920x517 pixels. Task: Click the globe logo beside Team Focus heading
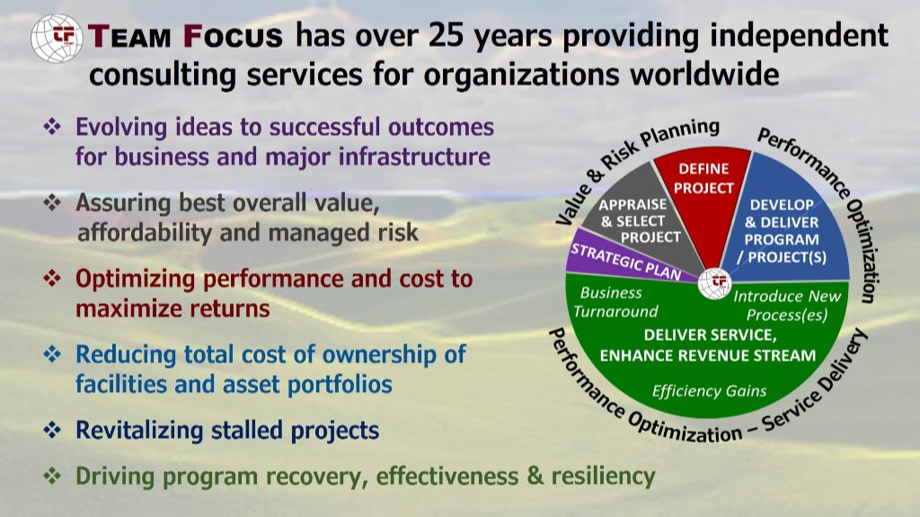pyautogui.click(x=57, y=39)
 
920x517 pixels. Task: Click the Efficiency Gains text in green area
pyautogui.click(x=709, y=391)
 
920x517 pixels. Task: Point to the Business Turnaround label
pyautogui.click(x=615, y=302)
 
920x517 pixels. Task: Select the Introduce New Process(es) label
pyautogui.click(x=786, y=306)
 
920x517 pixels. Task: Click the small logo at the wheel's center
pyautogui.click(x=714, y=284)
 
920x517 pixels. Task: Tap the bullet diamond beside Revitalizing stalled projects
pyautogui.click(x=52, y=430)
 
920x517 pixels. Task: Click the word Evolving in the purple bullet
pyautogui.click(x=122, y=128)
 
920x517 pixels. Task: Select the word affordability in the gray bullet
pyautogui.click(x=144, y=233)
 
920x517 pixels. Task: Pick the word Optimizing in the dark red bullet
pyautogui.click(x=136, y=280)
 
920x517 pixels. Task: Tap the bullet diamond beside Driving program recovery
pyautogui.click(x=52, y=476)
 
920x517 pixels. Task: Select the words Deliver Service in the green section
pyautogui.click(x=710, y=334)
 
